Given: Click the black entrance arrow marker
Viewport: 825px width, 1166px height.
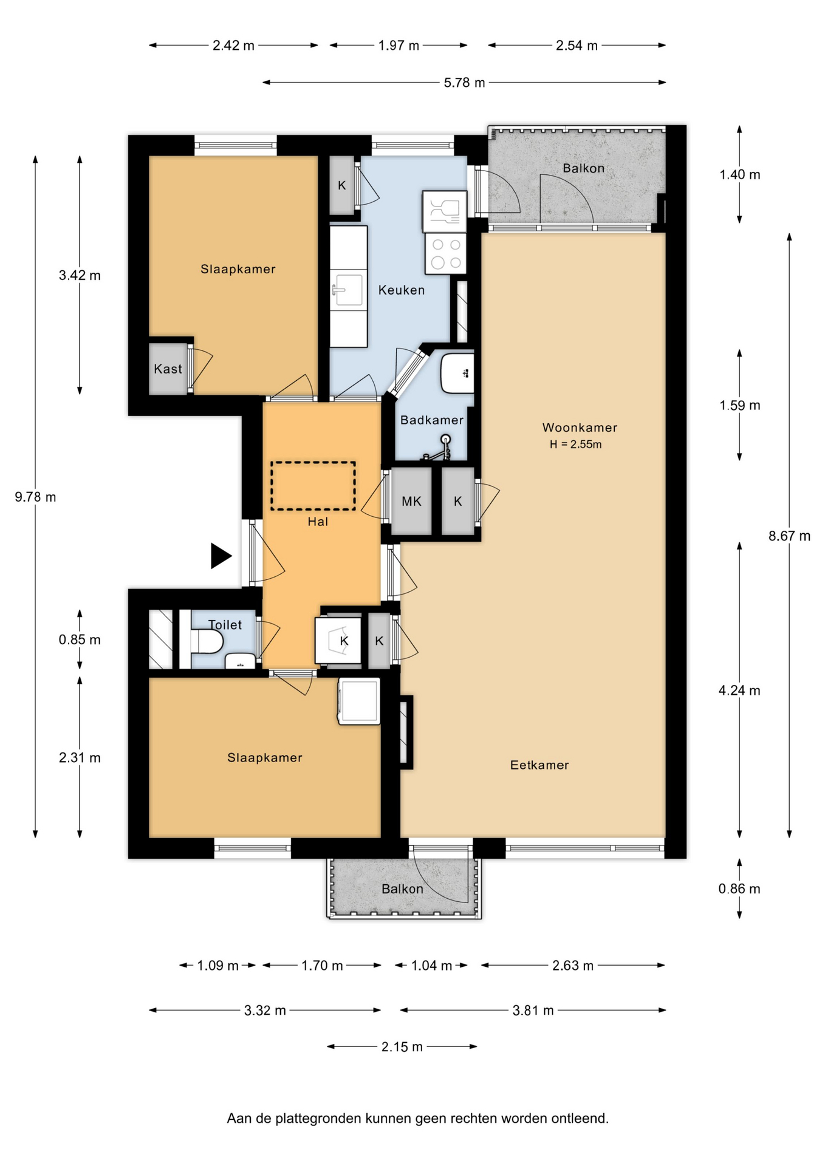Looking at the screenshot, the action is [x=221, y=556].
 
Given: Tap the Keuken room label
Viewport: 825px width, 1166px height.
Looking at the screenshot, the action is [x=402, y=290].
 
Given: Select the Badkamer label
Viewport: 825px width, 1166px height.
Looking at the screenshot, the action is [x=432, y=420].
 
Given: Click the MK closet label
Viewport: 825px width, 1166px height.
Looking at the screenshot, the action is [x=411, y=502].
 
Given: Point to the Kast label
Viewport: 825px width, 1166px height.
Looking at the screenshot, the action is [x=168, y=369].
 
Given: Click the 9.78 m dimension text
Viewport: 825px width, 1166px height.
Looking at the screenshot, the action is [x=35, y=497].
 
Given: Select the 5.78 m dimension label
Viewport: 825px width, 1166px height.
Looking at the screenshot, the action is [x=464, y=83].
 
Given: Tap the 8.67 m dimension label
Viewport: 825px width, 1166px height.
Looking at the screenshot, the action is [x=789, y=536].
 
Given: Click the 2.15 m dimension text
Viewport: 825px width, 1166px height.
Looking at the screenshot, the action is [x=402, y=1047].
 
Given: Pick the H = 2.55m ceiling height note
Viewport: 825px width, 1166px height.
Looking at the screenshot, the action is [x=575, y=445].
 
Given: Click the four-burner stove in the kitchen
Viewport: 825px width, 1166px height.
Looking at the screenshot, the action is [x=445, y=253].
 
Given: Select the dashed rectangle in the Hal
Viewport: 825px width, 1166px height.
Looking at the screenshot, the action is [x=313, y=486].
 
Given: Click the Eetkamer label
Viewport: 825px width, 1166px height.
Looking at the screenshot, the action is [x=539, y=765].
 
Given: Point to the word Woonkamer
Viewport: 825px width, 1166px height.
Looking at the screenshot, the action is [x=580, y=428].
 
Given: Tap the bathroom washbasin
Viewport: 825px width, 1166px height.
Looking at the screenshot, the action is [x=457, y=373].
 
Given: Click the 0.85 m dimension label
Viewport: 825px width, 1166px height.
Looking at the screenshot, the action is [x=80, y=640].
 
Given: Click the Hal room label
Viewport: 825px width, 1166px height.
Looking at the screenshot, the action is [x=318, y=522].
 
